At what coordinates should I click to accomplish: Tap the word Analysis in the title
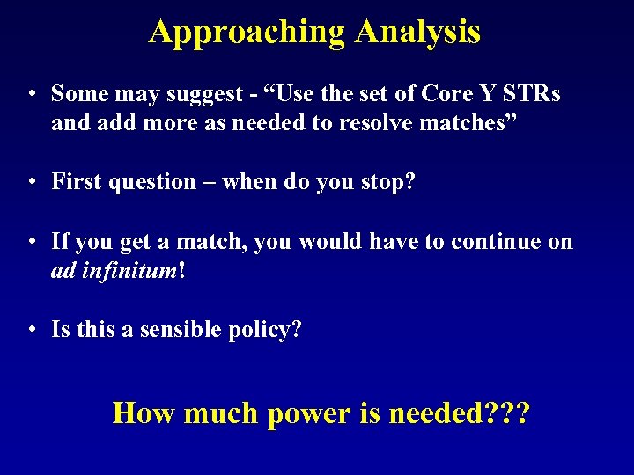pyautogui.click(x=417, y=33)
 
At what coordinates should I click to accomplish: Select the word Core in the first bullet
pyautogui.click(x=451, y=93)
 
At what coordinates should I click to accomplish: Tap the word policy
pyautogui.click(x=268, y=332)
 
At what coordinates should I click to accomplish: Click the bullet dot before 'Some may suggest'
pyautogui.click(x=31, y=94)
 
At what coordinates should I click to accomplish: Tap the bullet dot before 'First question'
pyautogui.click(x=31, y=183)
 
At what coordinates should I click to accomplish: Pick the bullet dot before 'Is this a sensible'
pyautogui.click(x=31, y=332)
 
